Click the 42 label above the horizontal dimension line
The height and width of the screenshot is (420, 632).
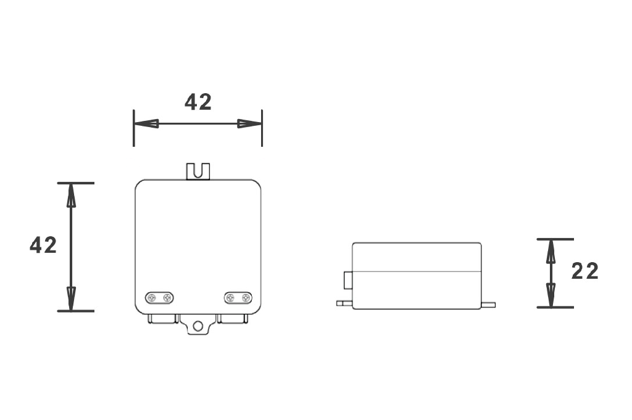[x=198, y=102]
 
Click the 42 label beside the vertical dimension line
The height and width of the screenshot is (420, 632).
[x=43, y=245]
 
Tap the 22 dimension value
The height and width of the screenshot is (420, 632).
[x=584, y=271]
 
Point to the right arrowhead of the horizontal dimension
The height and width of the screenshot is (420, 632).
[x=250, y=123]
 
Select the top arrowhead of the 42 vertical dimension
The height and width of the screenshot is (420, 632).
[x=71, y=196]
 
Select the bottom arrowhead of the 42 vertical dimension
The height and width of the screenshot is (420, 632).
[x=71, y=299]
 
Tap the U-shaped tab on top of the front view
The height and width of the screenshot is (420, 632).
[x=198, y=170]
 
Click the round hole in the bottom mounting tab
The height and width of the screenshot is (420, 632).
[x=198, y=326]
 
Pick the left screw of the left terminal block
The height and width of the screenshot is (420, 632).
[x=152, y=299]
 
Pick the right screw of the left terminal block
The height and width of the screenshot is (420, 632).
[x=167, y=299]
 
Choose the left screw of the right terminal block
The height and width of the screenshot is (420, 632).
[x=231, y=299]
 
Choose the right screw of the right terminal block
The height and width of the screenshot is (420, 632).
[x=246, y=299]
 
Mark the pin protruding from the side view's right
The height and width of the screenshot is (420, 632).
[x=488, y=304]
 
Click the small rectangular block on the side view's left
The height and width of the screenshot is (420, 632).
[x=347, y=280]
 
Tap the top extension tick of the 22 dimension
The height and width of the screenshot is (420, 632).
[x=555, y=239]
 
